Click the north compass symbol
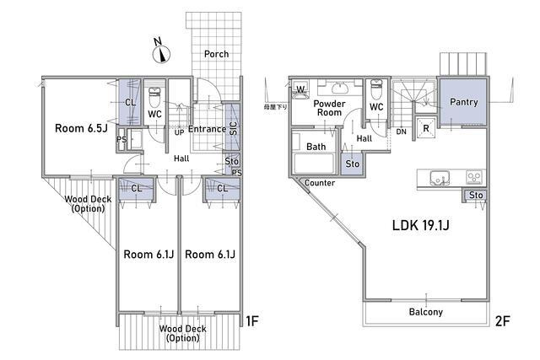coord(161,51)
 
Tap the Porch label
coord(216,54)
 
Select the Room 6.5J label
coord(81,128)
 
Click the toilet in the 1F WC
coord(154,97)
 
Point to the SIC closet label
coord(233,128)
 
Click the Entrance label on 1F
coord(207,129)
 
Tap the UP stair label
coord(179,132)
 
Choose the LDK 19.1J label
coord(420,225)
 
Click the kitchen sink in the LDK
coord(440,178)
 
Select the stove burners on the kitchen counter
coord(473,178)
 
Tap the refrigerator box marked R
coord(426,128)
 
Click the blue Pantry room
coord(463,102)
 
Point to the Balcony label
coord(426,312)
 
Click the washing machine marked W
coord(300,90)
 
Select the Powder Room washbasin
coord(340,89)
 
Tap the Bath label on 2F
coord(316,147)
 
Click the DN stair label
coord(402,132)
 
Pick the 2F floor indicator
coord(502,320)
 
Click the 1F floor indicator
coord(251,320)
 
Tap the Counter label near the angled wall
coord(320,183)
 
